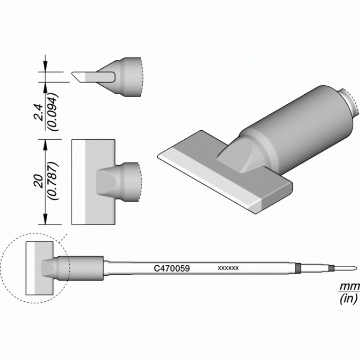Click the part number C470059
pos(172,268)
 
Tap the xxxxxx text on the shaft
pos(228,268)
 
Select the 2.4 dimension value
pos(39,112)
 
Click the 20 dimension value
pos(39,182)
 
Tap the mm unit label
pos(349,287)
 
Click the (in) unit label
pos(348,299)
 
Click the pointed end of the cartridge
pos(356,268)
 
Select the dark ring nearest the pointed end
pos(331,268)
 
